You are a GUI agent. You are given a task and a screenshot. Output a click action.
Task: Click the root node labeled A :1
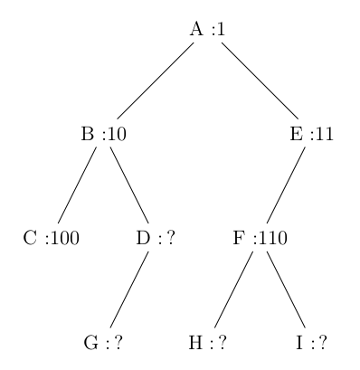(x=207, y=29)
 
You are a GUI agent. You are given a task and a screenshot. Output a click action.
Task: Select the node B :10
(x=103, y=135)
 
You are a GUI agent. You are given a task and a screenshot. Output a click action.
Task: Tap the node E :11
(x=309, y=135)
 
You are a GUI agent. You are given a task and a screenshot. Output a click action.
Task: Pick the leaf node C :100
(x=52, y=239)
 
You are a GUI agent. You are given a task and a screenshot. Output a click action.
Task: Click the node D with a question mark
(x=154, y=239)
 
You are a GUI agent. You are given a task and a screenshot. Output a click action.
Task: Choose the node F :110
(x=260, y=239)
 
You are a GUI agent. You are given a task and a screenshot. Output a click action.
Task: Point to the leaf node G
(x=102, y=343)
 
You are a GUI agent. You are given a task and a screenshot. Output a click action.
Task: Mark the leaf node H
(x=206, y=343)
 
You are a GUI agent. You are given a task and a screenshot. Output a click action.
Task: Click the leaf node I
(x=310, y=343)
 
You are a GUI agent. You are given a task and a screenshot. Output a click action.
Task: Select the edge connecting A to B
(x=155, y=81)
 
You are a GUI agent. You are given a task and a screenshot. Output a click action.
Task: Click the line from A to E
(x=259, y=81)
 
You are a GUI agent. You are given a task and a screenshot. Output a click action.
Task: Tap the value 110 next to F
(x=272, y=239)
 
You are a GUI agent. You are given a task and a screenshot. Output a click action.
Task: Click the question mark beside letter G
(x=118, y=343)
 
